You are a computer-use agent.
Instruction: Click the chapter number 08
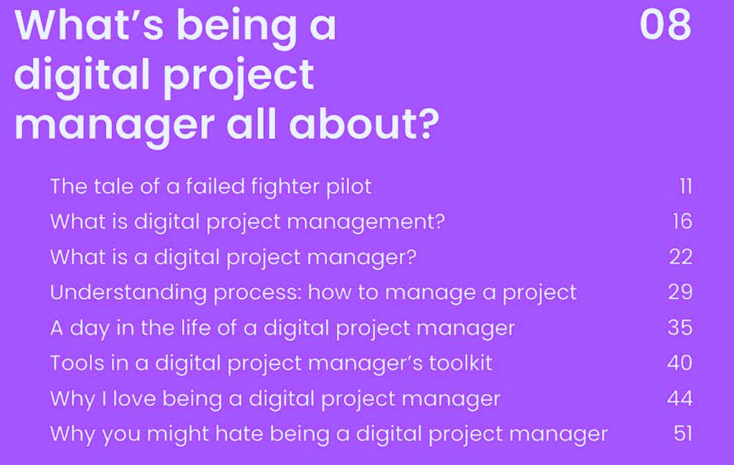[665, 25]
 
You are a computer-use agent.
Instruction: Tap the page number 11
[686, 186]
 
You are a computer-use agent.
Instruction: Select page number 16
[682, 221]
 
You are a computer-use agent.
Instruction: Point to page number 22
[681, 257]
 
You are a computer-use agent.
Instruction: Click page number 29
[680, 292]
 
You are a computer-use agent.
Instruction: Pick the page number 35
[680, 327]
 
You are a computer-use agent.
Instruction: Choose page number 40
[680, 363]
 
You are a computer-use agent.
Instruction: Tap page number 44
[680, 398]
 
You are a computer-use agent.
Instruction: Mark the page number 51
[683, 433]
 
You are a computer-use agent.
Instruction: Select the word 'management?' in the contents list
[366, 222]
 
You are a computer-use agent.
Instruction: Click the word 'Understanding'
[128, 293]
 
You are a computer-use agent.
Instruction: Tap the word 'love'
[134, 398]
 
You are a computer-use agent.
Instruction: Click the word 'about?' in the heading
[363, 124]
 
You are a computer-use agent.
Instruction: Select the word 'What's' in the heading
[89, 25]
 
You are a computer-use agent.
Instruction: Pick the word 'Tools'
[77, 363]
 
